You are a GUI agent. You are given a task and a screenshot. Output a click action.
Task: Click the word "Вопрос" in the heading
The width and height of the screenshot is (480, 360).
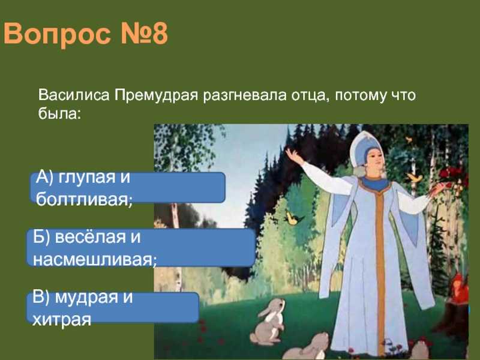(57, 34)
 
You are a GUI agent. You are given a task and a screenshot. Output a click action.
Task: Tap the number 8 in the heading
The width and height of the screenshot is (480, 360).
(160, 34)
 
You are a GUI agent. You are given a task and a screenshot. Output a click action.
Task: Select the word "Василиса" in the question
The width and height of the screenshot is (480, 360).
(74, 95)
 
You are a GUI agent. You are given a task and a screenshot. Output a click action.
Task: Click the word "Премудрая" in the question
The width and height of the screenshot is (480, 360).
(157, 95)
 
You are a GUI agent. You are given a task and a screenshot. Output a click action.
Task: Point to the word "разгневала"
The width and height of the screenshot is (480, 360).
(245, 96)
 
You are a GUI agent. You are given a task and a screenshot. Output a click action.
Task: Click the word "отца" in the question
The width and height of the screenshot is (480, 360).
(311, 96)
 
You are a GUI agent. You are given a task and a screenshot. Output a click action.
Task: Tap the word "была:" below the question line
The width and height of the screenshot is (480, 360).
(59, 113)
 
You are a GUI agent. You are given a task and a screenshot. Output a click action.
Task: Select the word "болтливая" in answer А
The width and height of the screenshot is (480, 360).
(83, 200)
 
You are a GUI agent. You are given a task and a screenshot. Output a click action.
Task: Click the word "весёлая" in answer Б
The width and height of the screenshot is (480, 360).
(91, 237)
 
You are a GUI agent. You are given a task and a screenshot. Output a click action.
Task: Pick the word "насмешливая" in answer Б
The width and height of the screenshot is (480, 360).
(94, 260)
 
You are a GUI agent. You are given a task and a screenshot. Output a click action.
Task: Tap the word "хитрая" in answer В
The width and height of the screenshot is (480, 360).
(62, 320)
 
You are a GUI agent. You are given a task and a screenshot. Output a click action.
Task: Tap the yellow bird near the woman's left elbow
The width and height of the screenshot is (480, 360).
(293, 218)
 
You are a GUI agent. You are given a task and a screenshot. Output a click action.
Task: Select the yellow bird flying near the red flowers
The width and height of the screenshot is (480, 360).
(415, 177)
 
